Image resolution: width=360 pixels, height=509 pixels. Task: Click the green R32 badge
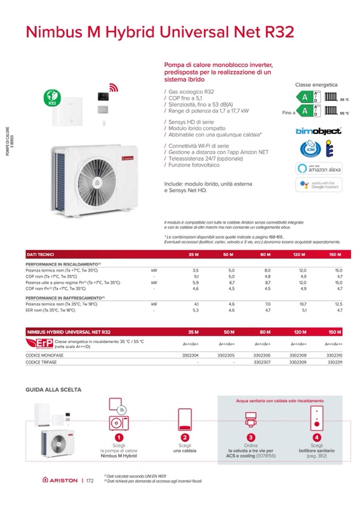point(53,98)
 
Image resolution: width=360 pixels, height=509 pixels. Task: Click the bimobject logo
point(318,131)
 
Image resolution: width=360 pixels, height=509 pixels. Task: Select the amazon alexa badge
point(319,168)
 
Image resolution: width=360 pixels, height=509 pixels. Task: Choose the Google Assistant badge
point(319,185)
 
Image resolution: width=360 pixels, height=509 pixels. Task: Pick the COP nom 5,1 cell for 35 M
point(195,277)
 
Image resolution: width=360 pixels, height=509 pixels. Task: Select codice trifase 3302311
point(335,362)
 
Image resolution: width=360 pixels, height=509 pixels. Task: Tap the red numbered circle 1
point(119,437)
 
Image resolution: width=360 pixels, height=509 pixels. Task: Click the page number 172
point(90,481)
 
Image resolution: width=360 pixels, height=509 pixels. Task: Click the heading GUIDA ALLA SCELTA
point(53,389)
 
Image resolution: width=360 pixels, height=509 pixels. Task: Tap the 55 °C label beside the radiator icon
point(344,114)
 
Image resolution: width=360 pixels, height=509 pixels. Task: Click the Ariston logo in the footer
point(60,481)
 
